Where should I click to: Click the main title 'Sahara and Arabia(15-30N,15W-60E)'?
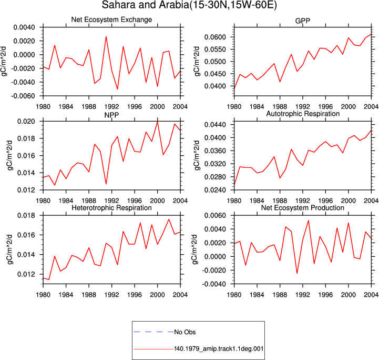tap(189, 5)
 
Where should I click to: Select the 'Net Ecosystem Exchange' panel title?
tap(111, 19)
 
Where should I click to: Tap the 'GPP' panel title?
tap(302, 21)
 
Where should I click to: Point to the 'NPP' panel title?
tap(111, 115)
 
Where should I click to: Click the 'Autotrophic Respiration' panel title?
tap(303, 114)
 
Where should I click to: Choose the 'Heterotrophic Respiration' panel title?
tap(111, 208)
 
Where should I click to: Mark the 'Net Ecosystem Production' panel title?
tap(302, 208)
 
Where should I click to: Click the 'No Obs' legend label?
tap(185, 332)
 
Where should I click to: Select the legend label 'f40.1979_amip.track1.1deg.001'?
tap(219, 349)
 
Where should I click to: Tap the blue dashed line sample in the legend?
tap(153, 332)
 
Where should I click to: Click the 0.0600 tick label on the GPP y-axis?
tap(215, 37)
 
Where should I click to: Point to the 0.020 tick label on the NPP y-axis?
tap(26, 121)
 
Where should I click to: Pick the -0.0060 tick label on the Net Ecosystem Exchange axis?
tap(23, 96)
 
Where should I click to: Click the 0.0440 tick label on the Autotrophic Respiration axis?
tap(215, 125)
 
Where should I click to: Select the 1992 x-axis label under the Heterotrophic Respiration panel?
tap(111, 295)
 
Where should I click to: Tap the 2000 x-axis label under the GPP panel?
tap(349, 106)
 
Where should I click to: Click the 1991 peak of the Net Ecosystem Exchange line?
tap(106, 36)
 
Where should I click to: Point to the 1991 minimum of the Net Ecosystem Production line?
tap(297, 274)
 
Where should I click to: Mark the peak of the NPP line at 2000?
tap(157, 122)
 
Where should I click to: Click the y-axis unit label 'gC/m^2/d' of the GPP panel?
tap(197, 62)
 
